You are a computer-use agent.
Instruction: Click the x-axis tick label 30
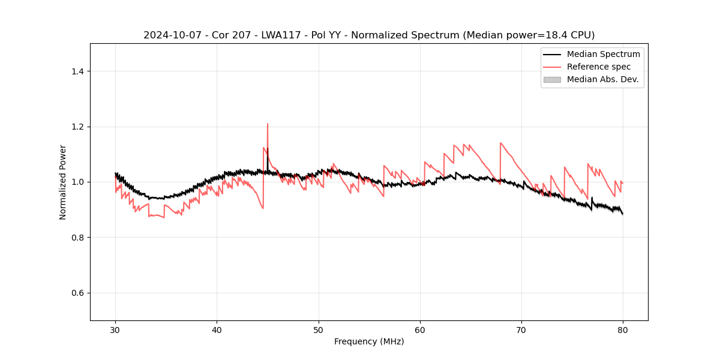[x=116, y=330]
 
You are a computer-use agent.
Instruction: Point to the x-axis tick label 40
[x=217, y=330]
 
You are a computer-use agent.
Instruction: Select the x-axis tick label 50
[x=319, y=330]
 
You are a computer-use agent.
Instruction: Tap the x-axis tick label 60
[x=420, y=330]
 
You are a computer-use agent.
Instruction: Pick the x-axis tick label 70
[x=521, y=330]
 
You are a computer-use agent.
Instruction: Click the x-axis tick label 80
[x=623, y=330]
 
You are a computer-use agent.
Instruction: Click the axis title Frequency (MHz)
[x=369, y=341]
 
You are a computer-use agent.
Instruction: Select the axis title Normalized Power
[x=62, y=182]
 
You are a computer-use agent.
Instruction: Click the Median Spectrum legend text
[x=603, y=54]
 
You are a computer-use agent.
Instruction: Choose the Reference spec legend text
[x=599, y=67]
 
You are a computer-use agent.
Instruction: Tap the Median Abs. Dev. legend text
[x=603, y=79]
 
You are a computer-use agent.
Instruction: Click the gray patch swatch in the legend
[x=552, y=79]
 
